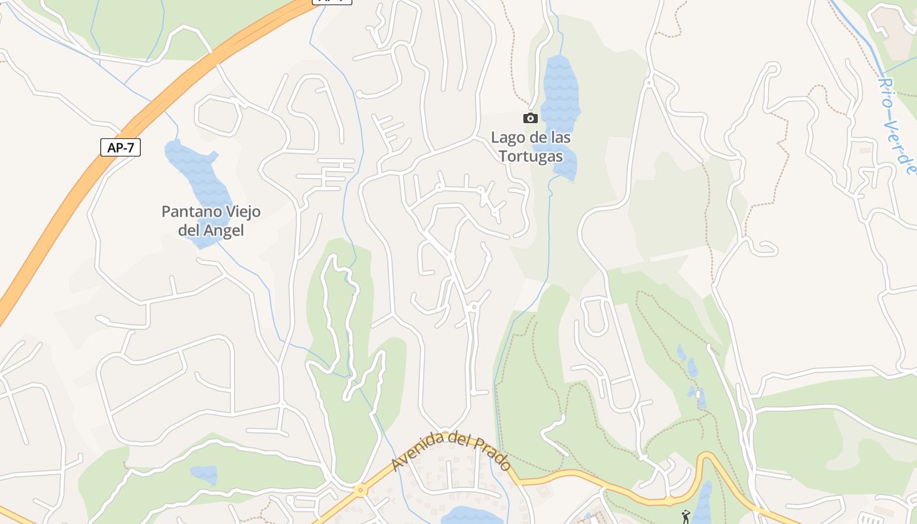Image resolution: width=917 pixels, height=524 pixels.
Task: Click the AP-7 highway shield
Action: click(x=121, y=147)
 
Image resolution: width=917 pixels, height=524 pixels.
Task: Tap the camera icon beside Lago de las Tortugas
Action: click(x=531, y=118)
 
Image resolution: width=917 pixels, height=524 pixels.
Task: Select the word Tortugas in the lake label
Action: click(x=531, y=157)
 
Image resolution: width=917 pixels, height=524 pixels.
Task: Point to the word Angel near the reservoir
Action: click(x=224, y=231)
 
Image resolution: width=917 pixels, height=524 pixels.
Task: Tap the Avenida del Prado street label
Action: click(x=451, y=451)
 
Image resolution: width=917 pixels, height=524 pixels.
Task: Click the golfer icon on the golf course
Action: click(x=686, y=517)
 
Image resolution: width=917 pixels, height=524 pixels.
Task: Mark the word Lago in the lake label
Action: click(x=508, y=138)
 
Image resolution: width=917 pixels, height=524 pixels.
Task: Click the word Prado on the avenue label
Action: click(x=493, y=454)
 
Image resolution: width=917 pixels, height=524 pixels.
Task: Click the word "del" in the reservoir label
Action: click(x=190, y=231)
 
